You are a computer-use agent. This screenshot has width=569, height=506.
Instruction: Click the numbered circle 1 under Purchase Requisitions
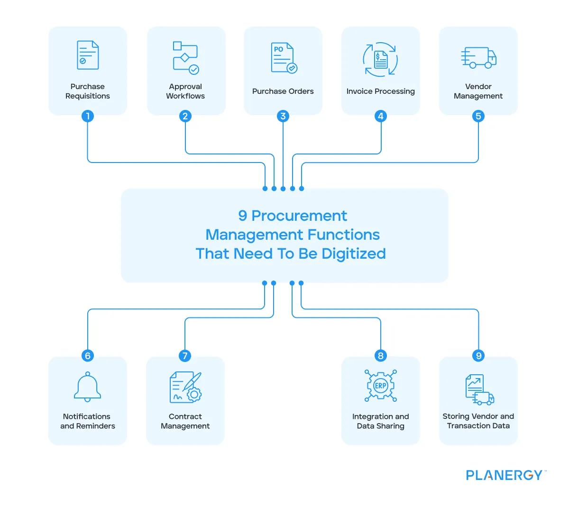coord(88,116)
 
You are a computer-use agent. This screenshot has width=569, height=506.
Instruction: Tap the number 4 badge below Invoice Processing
coord(381,116)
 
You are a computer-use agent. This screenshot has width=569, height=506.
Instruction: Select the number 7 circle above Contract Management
coord(185,356)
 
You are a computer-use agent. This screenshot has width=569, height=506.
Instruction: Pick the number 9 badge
coord(478,356)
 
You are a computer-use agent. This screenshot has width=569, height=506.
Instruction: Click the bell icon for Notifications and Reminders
coord(88,387)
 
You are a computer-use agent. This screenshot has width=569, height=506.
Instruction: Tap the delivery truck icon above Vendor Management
coord(478,57)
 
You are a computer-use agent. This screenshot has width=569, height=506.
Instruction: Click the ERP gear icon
coord(381,386)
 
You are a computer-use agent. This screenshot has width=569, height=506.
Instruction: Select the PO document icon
coord(284,58)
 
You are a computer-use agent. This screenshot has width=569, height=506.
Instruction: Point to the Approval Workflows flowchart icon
coord(185,58)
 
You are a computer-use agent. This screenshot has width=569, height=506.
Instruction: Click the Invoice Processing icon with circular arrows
coord(380,59)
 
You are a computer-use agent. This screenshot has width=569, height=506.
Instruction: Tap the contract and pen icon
coord(185,387)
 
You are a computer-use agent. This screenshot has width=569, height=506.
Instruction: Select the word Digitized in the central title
coord(353,254)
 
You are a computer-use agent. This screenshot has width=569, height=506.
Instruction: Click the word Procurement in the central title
coord(299,216)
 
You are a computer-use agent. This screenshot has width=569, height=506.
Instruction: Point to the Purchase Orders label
coord(283,91)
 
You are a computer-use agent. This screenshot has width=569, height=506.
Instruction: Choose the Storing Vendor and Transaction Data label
coord(478,421)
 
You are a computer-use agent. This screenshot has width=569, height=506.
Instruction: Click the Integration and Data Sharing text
coord(381,421)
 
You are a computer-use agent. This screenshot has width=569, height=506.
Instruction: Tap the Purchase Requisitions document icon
coord(88,55)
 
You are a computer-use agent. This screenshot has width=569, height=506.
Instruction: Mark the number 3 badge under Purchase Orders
coord(283,116)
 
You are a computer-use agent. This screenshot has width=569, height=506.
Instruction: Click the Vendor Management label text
coord(478,91)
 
